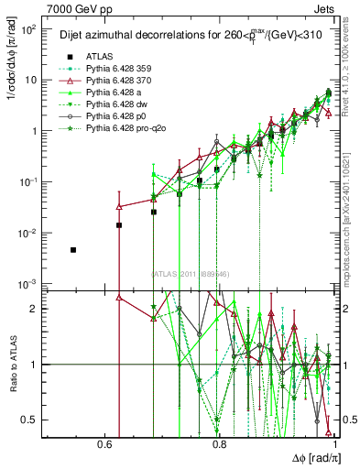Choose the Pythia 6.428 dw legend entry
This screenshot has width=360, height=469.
(x=103, y=105)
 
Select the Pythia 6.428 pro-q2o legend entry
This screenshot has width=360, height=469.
(x=110, y=131)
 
